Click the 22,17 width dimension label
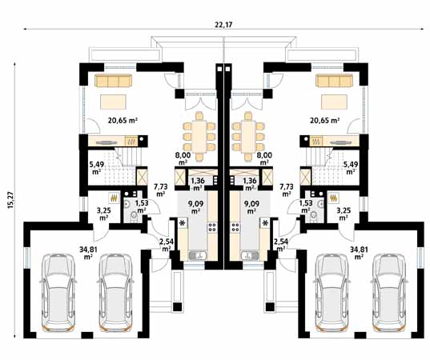[x=223, y=25]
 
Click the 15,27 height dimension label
[x=10, y=200]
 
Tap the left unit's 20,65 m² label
[x=123, y=120]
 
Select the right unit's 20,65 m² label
[x=325, y=120]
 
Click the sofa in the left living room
[x=113, y=81]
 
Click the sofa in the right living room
[x=334, y=81]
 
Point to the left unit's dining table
[x=199, y=137]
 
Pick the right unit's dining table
[x=248, y=137]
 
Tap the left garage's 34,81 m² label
[x=88, y=253]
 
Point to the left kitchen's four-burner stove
[x=212, y=227]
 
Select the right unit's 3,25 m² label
[x=343, y=214]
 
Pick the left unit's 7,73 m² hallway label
[x=160, y=190]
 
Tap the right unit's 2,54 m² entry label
[x=281, y=245]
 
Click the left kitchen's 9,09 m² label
[x=195, y=207]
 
